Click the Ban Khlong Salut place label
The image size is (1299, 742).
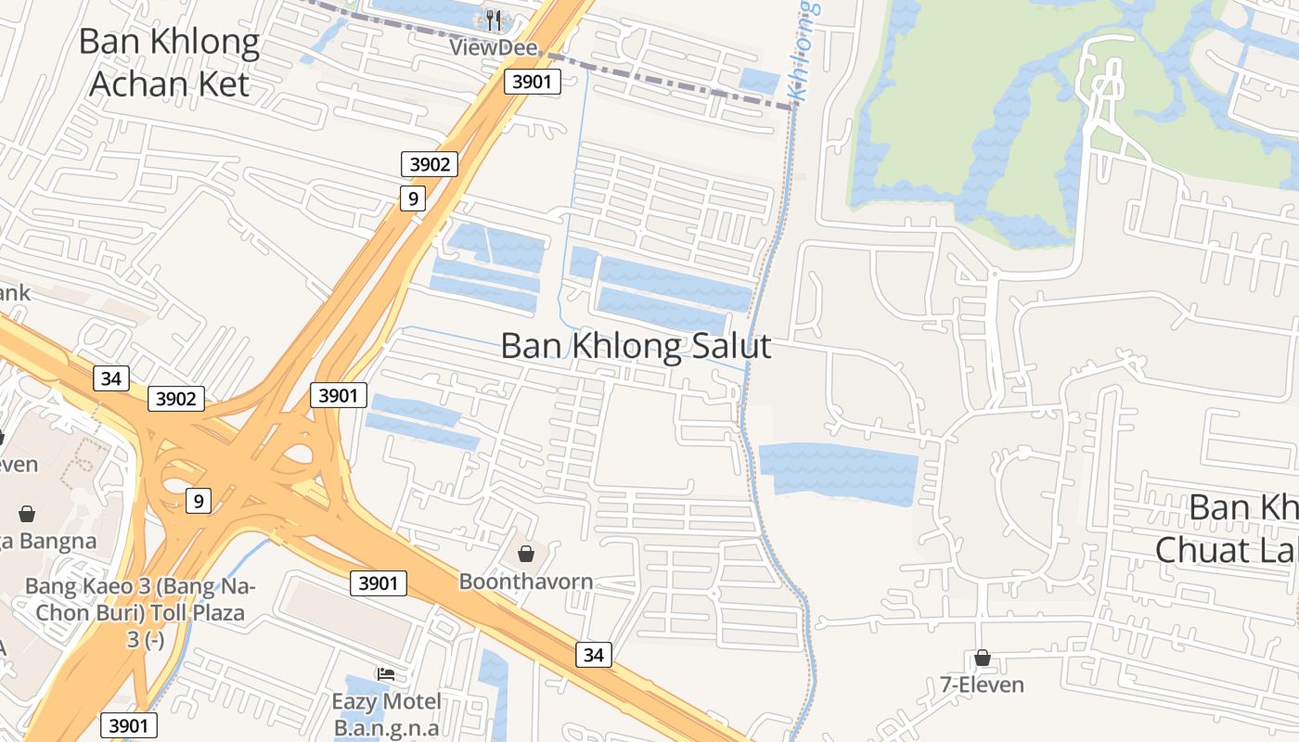coord(636,346)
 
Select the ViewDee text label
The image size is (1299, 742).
coord(482,46)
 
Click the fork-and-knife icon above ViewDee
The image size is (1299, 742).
coord(494,19)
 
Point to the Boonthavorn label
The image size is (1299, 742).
coord(526,582)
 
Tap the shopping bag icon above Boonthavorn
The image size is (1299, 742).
coord(526,554)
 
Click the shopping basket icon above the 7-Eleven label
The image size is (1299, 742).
coord(983,659)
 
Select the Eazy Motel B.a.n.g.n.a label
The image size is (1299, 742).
coord(387,713)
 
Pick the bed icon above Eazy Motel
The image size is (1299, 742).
coord(386,673)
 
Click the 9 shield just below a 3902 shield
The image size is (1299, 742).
coord(413,198)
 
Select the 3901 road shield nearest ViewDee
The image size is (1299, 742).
coord(533,82)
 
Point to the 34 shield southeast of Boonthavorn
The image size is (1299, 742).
coord(594,655)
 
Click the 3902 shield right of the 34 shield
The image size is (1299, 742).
coord(176,399)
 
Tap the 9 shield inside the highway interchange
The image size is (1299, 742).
coord(198,501)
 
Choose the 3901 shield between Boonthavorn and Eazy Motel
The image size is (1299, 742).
coord(379,583)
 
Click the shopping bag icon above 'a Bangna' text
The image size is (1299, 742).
coord(27,513)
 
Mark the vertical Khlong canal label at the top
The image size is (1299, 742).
coord(804,51)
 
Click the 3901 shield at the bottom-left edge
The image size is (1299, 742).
coord(128,725)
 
